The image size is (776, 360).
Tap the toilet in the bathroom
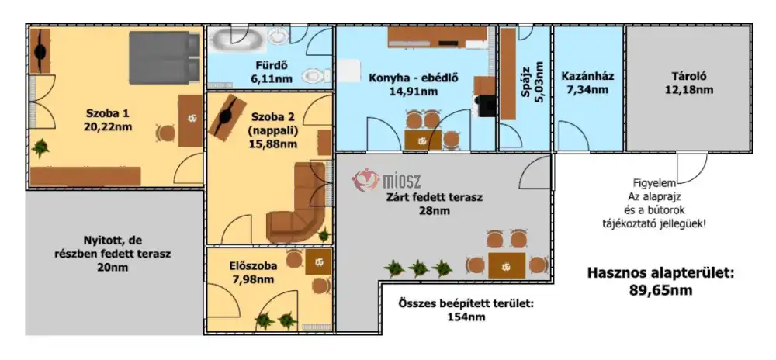[315, 75]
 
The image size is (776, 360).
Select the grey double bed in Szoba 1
[165, 57]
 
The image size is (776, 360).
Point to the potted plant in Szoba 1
[40, 147]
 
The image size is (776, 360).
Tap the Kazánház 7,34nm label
[587, 83]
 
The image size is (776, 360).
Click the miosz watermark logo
[386, 180]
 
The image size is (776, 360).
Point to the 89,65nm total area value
[660, 289]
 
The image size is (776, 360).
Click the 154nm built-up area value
[466, 317]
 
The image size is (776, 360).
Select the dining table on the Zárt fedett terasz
[506, 265]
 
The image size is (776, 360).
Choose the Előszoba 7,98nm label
[252, 273]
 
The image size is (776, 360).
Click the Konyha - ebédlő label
[414, 78]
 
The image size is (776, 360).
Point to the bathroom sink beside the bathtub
[278, 36]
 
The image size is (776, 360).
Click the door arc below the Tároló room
[692, 168]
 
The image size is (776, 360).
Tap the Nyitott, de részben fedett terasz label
[114, 254]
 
